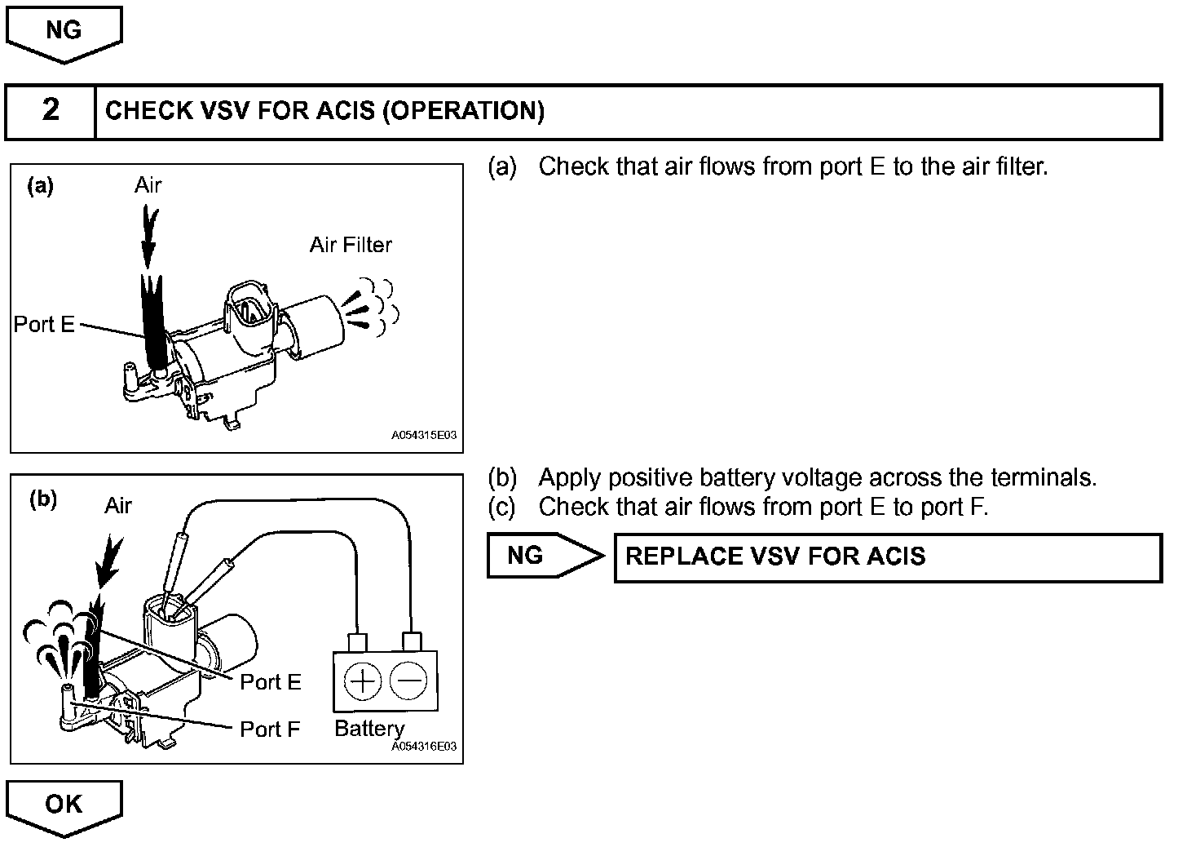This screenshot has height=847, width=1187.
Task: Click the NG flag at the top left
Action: (64, 32)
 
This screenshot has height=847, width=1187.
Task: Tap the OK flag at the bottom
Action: (64, 805)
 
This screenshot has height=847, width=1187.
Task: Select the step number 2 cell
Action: (51, 111)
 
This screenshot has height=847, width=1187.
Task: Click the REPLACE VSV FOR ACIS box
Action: (887, 557)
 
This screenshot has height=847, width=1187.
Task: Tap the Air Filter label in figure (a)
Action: (351, 245)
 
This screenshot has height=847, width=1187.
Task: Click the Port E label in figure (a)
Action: (44, 325)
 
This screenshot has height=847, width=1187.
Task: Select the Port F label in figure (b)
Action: (270, 729)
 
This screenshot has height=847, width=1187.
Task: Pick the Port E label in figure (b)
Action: (270, 682)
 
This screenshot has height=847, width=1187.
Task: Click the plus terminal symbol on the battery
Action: (364, 681)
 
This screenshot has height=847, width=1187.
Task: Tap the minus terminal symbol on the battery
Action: (408, 681)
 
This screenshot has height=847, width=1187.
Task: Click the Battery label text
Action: (369, 728)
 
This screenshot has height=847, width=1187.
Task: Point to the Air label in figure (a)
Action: (148, 186)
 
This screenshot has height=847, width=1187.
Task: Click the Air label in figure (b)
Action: (118, 507)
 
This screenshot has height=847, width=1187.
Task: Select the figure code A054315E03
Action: (424, 436)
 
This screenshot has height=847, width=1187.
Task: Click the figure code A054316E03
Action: (424, 747)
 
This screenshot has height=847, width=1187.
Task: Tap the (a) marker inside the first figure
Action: (40, 187)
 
